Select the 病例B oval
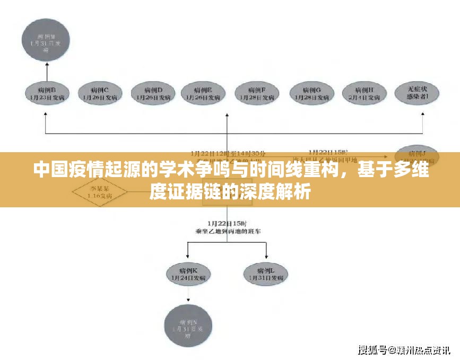click(47, 93)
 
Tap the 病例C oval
click(99, 93)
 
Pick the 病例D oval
click(152, 93)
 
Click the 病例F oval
click(257, 93)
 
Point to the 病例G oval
click(313, 93)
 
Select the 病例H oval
click(366, 93)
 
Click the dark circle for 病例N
click(189, 325)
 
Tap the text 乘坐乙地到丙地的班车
click(228, 231)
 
